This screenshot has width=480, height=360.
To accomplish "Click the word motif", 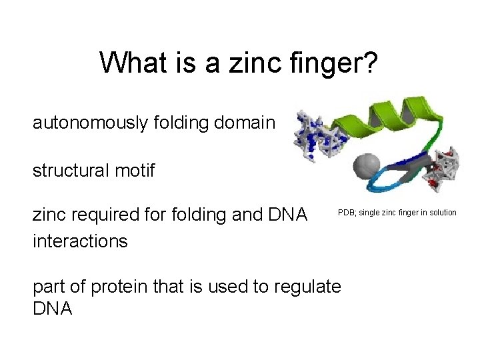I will click(x=136, y=171).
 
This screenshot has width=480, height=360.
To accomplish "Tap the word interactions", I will click(x=80, y=241).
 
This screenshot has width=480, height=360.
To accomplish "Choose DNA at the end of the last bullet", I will click(x=53, y=309).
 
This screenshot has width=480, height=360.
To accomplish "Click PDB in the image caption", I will click(x=347, y=213).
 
